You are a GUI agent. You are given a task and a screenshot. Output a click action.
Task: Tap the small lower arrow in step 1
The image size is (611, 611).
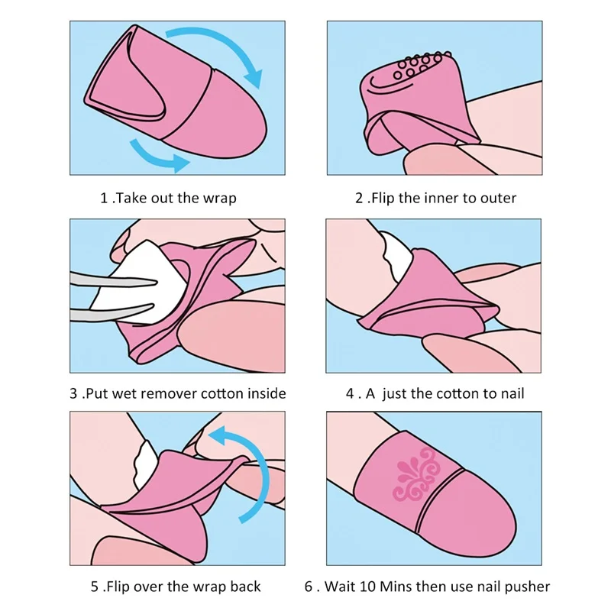point(156,157)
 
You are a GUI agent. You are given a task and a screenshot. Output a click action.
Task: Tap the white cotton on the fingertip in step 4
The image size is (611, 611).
point(396,255)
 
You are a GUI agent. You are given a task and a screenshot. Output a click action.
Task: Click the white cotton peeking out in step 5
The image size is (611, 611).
point(145,464)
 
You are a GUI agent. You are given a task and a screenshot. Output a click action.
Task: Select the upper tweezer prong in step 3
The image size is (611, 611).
point(114,280)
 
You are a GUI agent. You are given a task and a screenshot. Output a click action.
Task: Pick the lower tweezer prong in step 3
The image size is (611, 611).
point(112,312)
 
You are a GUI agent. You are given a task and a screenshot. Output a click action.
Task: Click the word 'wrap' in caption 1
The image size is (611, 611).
point(220,199)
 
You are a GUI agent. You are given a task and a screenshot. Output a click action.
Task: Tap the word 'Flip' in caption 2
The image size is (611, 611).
point(383,198)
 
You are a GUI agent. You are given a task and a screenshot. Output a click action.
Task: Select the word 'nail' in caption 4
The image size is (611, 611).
point(512,393)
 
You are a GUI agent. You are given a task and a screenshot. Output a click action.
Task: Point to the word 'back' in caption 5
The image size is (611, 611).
point(245,587)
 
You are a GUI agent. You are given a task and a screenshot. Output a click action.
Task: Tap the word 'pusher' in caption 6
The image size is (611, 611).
point(527,587)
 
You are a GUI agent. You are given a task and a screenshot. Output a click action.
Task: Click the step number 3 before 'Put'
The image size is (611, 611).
point(73,393)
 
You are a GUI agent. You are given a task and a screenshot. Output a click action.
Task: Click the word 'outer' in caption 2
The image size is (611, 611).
point(498,199)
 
